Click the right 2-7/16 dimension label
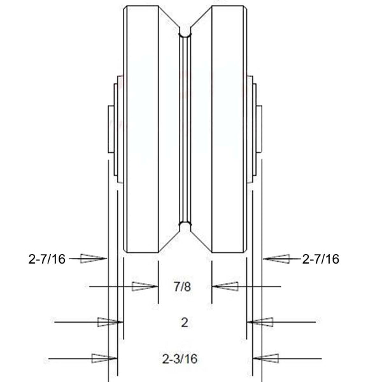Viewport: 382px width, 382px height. coord(320,258)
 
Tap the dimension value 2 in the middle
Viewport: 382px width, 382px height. coord(184,322)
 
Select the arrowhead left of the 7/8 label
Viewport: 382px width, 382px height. coord(144,287)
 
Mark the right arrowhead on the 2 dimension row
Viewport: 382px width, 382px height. coord(260,322)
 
